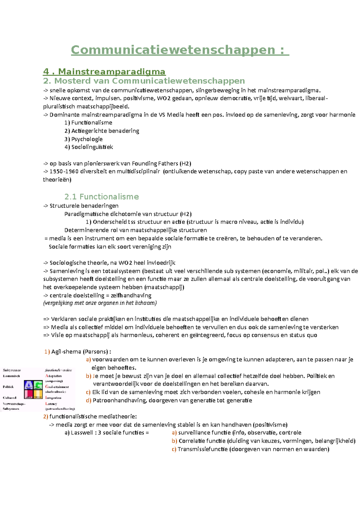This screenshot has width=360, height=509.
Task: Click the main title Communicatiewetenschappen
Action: pyautogui.click(x=179, y=50)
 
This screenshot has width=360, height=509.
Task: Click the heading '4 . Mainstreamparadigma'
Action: pyautogui.click(x=104, y=72)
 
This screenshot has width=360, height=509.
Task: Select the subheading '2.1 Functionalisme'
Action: pyautogui.click(x=101, y=197)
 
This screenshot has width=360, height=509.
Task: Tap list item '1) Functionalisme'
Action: pyautogui.click(x=88, y=123)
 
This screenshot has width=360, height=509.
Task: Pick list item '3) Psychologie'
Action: pyautogui.click(x=83, y=139)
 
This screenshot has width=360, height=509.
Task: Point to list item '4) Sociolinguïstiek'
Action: pyautogui.click(x=88, y=147)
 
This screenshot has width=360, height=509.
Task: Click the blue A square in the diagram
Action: pyautogui.click(x=29, y=385)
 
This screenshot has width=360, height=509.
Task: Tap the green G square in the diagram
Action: pyautogui.click(x=38, y=385)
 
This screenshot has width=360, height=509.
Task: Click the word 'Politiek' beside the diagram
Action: pyautogui.click(x=8, y=387)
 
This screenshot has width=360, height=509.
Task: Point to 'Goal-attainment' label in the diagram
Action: pyautogui.click(x=57, y=387)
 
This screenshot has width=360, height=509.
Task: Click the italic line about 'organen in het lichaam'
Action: pyautogui.click(x=100, y=303)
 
